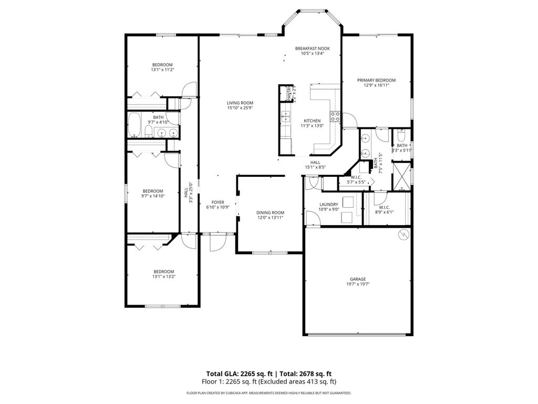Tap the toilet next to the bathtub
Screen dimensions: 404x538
pyautogui.click(x=149, y=132)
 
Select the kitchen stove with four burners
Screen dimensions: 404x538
pyautogui.click(x=335, y=115)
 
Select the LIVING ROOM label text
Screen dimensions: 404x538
pyautogui.click(x=240, y=103)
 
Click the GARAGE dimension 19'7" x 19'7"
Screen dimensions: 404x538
pyautogui.click(x=358, y=284)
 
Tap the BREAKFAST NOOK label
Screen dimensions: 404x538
pyautogui.click(x=312, y=48)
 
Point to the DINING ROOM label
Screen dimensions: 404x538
pyautogui.click(x=270, y=213)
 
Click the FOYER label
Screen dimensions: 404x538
pyautogui.click(x=218, y=202)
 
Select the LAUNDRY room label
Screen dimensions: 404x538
pyautogui.click(x=329, y=204)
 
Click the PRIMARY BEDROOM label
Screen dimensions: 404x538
pyautogui.click(x=376, y=80)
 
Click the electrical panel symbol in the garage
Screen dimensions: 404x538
pyautogui.click(x=403, y=234)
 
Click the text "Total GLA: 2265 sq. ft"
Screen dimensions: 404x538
pyautogui.click(x=239, y=372)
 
